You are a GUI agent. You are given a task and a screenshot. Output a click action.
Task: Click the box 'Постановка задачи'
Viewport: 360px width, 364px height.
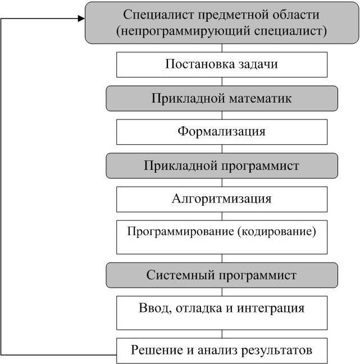pyautogui.click(x=221, y=64)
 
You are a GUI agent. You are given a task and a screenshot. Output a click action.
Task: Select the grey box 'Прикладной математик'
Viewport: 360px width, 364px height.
pyautogui.click(x=221, y=98)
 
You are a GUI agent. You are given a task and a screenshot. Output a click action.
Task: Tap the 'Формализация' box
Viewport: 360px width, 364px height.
pyautogui.click(x=221, y=132)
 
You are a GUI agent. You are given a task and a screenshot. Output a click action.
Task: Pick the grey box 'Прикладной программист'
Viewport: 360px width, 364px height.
pyautogui.click(x=221, y=165)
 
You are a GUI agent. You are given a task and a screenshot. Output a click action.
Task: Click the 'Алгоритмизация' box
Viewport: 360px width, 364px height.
pyautogui.click(x=221, y=199)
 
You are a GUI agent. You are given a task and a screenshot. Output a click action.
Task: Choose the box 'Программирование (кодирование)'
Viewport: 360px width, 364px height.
pyautogui.click(x=221, y=236)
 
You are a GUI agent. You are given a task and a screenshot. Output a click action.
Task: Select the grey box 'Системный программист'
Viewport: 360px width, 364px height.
pyautogui.click(x=221, y=275)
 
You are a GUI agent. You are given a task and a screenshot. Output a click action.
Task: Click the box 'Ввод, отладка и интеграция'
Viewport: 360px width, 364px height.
pyautogui.click(x=221, y=312)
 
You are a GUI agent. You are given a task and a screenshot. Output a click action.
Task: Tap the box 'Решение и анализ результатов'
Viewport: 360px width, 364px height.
pyautogui.click(x=221, y=351)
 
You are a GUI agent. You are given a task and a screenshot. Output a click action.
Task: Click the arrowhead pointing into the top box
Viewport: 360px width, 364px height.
pyautogui.click(x=80, y=18)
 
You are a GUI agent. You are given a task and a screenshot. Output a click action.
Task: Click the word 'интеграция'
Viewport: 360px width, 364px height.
pyautogui.click(x=276, y=308)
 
